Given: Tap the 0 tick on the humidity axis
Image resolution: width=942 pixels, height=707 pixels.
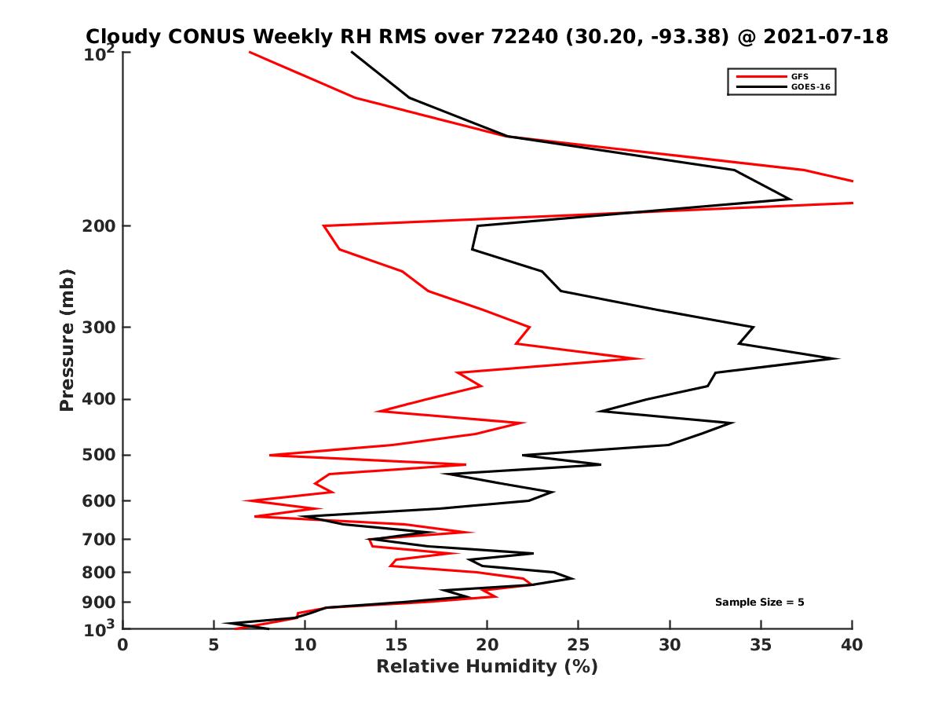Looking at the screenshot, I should (x=122, y=644).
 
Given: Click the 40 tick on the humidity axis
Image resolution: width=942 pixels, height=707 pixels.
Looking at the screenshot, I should (x=852, y=644).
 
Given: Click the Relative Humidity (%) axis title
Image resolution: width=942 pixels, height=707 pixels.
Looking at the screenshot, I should (x=487, y=667).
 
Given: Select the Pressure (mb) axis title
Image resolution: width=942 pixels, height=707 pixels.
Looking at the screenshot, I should (x=67, y=340).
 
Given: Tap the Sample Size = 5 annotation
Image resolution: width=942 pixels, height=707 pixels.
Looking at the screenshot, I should (x=759, y=603).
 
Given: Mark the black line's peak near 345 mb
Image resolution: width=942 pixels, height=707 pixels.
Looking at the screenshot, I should (x=838, y=359).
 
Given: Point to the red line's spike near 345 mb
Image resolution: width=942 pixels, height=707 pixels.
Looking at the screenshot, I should (x=643, y=359).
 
